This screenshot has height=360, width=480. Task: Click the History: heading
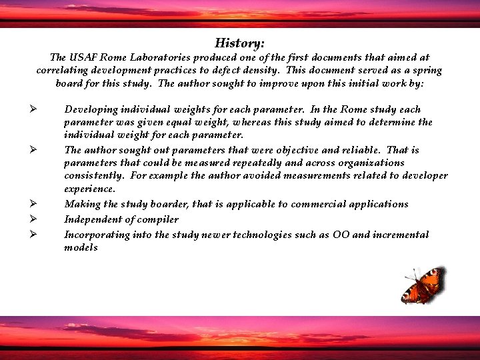click(239, 43)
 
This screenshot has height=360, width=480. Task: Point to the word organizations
click(372, 163)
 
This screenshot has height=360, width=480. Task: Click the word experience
click(89, 189)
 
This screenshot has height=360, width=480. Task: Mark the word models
click(81, 248)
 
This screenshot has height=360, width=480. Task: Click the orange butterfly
click(422, 285)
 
